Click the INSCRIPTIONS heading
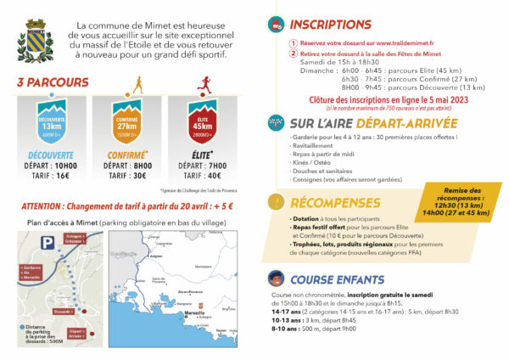(330, 24)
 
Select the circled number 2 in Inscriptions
(294, 53)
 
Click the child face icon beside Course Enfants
(276, 278)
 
